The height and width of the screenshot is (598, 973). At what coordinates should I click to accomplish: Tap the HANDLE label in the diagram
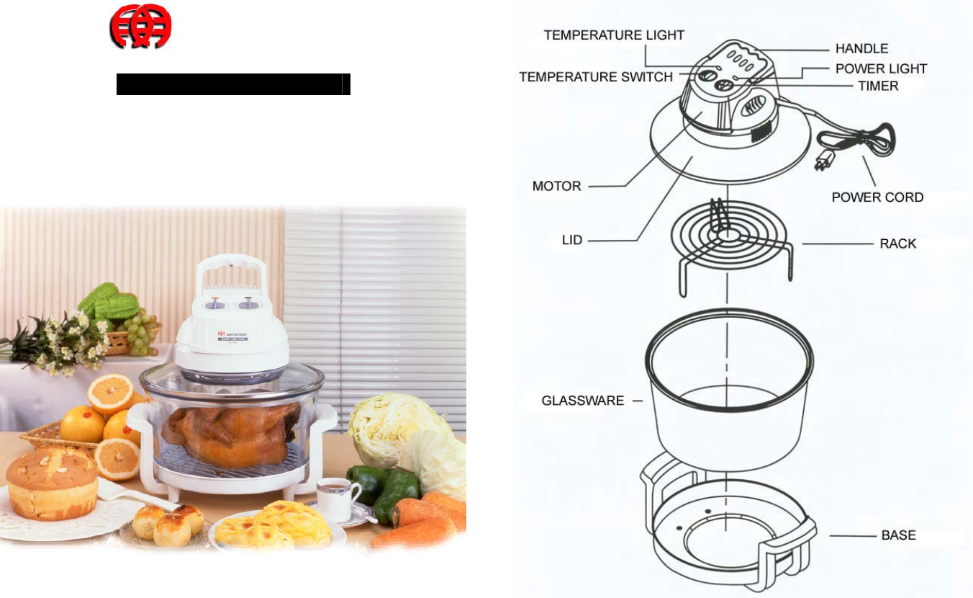[861, 49]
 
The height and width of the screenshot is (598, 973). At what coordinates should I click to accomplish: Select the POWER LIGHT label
[881, 68]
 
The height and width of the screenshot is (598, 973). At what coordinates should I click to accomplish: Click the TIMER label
[878, 86]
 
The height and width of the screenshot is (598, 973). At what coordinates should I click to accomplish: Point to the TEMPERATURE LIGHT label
[614, 35]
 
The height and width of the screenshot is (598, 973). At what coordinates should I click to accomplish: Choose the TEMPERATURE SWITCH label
[596, 76]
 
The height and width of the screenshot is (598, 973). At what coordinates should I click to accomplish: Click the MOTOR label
[556, 186]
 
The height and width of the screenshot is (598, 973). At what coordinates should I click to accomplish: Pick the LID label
[572, 240]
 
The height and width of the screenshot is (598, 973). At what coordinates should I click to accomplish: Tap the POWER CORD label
[877, 197]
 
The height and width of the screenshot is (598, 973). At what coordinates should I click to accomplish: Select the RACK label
[898, 244]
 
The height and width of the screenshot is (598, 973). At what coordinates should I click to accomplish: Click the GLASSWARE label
[583, 401]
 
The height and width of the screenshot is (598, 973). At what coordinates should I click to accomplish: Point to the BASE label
[899, 535]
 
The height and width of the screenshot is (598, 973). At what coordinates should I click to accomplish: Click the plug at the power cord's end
[820, 161]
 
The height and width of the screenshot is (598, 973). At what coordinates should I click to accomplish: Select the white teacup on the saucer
[338, 497]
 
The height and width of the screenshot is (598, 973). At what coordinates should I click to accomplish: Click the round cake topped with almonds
[52, 481]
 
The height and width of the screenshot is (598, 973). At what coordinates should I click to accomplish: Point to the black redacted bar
[233, 84]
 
